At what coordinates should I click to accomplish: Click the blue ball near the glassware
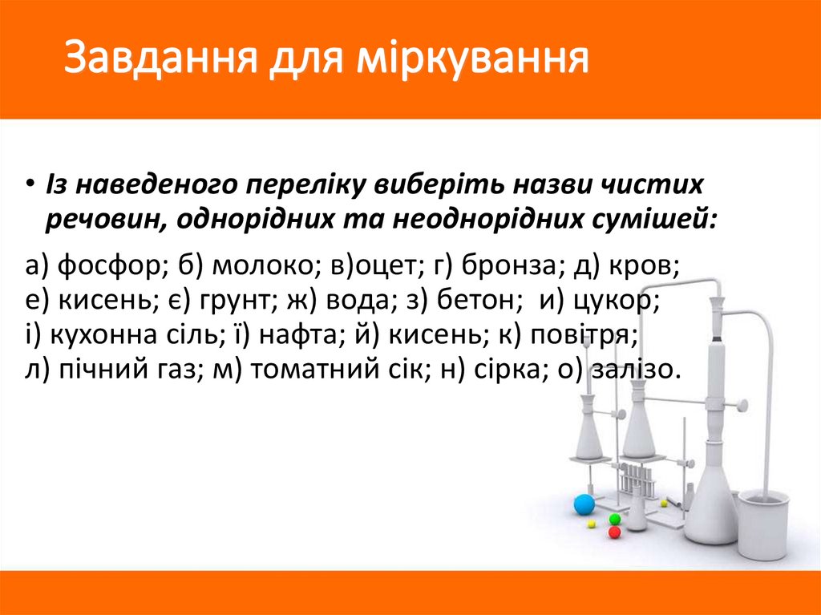pos(584,504)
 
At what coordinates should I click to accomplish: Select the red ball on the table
pos(615,532)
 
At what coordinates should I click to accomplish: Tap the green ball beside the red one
pos(615,519)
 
